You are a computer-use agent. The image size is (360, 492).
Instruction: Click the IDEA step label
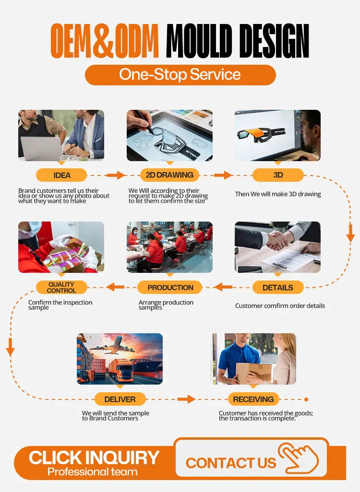point(61,175)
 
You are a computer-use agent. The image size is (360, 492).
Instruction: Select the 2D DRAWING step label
point(169,175)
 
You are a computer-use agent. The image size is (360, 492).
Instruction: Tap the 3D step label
point(278,175)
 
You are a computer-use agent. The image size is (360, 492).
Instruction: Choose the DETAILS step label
point(278,287)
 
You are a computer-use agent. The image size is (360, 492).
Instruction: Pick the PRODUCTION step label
point(170,287)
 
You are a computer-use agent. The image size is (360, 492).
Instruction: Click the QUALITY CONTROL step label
point(61,287)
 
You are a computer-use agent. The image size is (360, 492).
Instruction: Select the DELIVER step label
point(120,399)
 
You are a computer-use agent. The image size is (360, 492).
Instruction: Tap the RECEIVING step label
point(253,399)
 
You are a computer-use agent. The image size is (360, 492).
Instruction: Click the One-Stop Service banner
point(180,75)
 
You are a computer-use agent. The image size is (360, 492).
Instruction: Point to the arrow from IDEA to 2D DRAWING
point(116,175)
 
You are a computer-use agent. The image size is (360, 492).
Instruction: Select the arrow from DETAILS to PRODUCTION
point(223,287)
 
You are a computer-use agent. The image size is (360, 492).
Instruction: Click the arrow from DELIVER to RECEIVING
point(186,399)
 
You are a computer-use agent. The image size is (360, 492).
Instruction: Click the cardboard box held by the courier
point(253,373)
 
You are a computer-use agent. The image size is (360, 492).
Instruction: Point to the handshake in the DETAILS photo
point(277,240)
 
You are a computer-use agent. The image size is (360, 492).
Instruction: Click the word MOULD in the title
point(199,41)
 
